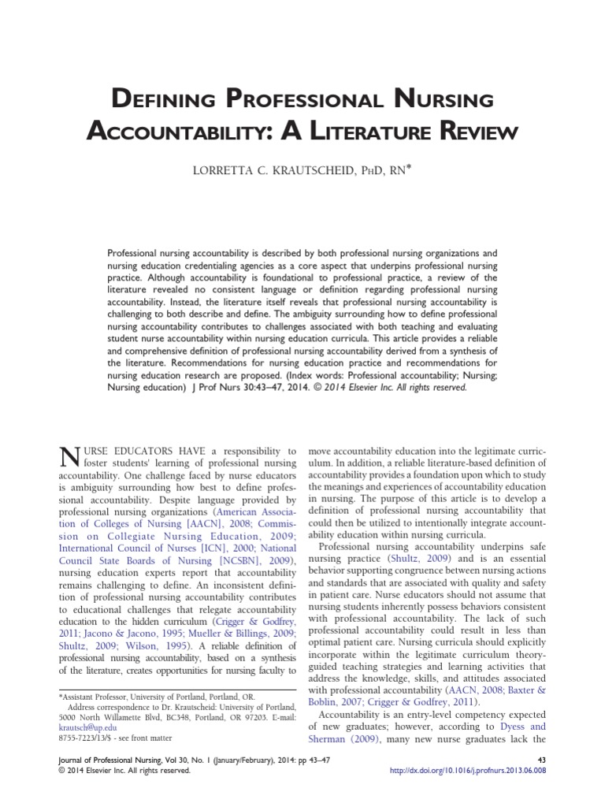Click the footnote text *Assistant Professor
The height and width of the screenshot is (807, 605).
(x=93, y=696)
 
